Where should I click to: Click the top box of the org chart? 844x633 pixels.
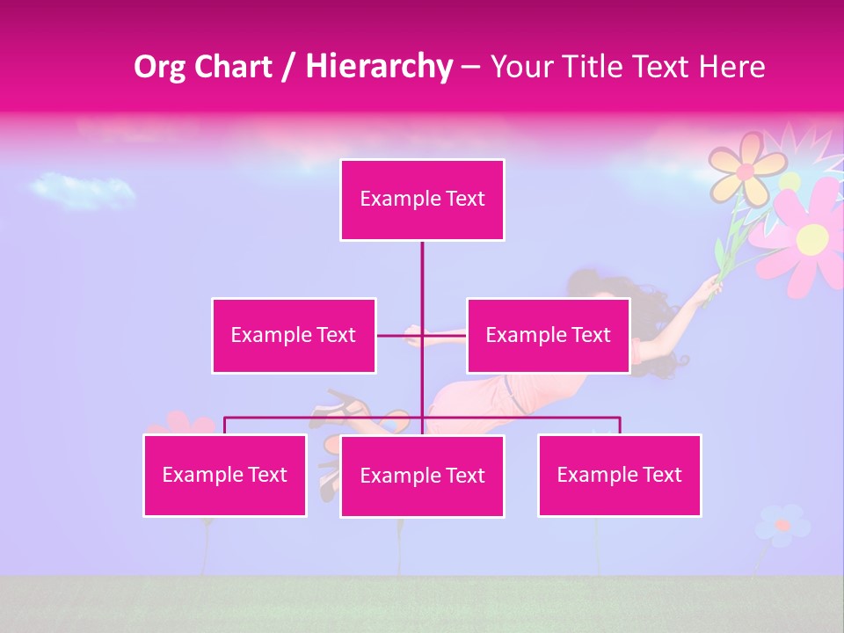tap(422, 200)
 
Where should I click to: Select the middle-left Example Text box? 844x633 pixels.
tap(294, 335)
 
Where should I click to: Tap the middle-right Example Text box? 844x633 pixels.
tap(548, 335)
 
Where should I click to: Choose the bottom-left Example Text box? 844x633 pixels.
tap(225, 475)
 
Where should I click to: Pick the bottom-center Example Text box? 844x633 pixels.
tap(422, 476)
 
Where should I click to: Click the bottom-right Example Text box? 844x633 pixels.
tap(619, 475)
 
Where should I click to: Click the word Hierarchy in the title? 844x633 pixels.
tap(378, 66)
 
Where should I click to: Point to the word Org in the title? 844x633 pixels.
tap(162, 66)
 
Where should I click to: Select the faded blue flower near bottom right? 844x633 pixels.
tap(781, 525)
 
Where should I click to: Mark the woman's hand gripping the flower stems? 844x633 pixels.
tap(709, 287)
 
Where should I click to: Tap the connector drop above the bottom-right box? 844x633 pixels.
tap(619, 425)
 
